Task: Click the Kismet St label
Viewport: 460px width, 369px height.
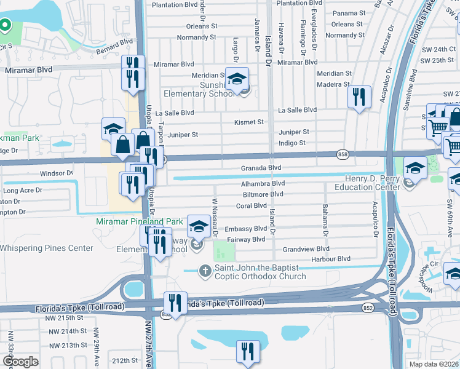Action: tap(248, 122)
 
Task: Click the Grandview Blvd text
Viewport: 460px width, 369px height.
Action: tap(306, 249)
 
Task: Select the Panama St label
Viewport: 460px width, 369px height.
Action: tap(349, 13)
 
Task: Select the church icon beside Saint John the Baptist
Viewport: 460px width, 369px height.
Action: tap(205, 269)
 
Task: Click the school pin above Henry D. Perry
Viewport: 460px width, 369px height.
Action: tap(416, 168)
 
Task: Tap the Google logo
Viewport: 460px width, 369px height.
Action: tap(21, 361)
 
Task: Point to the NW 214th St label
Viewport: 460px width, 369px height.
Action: tap(68, 331)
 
